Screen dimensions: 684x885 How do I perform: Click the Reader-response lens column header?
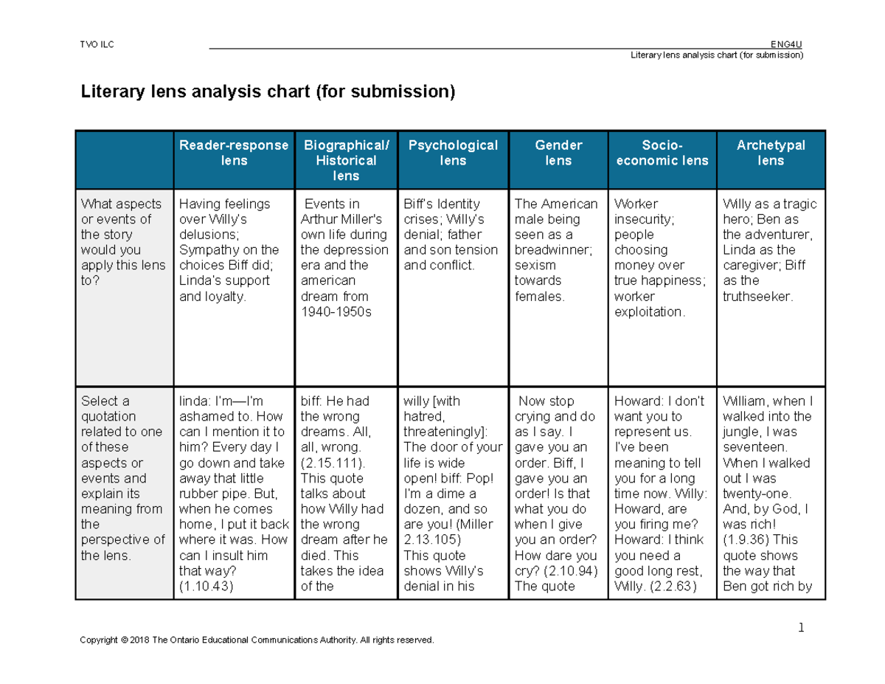[x=234, y=153]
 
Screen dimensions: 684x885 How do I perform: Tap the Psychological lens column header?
[x=453, y=153]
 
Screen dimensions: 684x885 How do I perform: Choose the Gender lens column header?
[x=558, y=153]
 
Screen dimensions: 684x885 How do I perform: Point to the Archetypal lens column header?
[x=771, y=153]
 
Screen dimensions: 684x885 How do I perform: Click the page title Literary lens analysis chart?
[x=268, y=92]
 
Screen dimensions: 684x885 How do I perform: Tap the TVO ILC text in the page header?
[x=97, y=44]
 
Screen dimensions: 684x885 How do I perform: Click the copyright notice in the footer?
[x=257, y=640]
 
